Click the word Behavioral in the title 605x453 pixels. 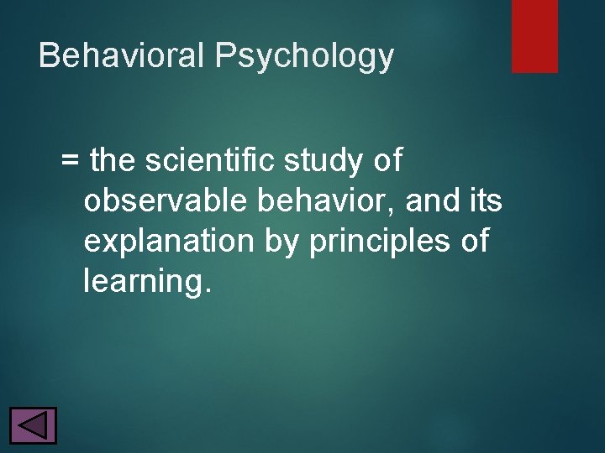(122, 56)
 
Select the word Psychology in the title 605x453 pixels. (304, 57)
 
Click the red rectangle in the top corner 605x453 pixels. (534, 35)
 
